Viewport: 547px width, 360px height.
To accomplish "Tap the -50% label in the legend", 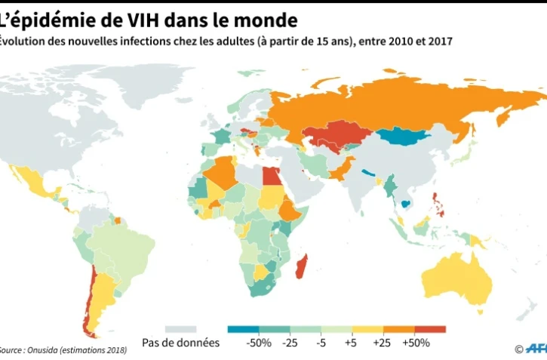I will click(259, 343).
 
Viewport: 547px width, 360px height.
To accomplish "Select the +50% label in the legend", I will click(415, 343).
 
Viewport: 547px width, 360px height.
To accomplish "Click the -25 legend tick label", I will click(290, 343).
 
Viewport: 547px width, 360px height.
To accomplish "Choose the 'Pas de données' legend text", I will click(181, 343).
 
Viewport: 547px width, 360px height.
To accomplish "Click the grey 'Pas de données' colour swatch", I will click(180, 329).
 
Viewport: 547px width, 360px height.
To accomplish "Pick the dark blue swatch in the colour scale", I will click(241, 329).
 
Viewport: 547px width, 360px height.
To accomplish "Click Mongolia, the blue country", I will click(404, 137).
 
